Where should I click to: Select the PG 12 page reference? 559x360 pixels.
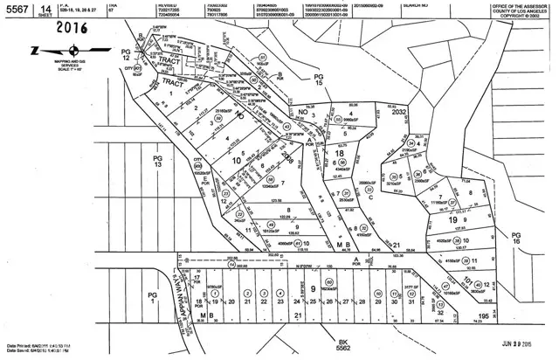tap(125, 55)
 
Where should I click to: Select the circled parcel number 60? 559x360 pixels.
tap(329, 282)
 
